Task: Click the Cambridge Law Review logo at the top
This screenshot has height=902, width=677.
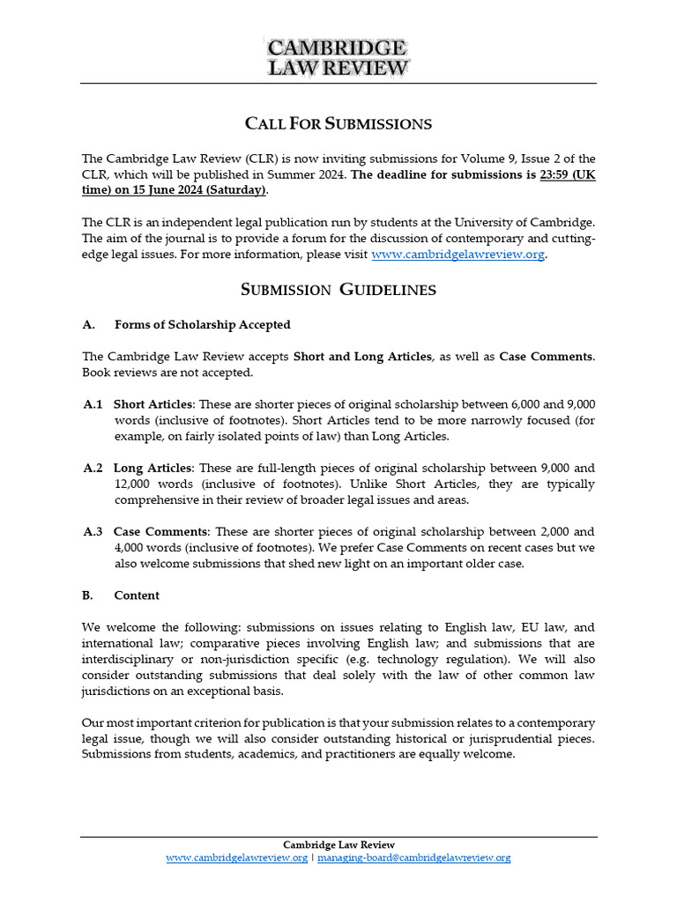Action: click(x=338, y=57)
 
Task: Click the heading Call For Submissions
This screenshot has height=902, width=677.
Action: click(x=338, y=123)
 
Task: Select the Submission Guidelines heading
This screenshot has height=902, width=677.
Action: click(x=338, y=290)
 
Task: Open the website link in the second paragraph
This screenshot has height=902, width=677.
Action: click(x=458, y=255)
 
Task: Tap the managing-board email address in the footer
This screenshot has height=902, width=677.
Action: click(x=413, y=857)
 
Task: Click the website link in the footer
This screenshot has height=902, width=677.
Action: click(x=236, y=857)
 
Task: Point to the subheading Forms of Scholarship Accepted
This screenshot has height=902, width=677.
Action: click(x=202, y=324)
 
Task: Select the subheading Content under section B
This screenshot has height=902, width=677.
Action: click(x=137, y=595)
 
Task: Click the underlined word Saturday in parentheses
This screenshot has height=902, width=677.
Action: click(x=236, y=190)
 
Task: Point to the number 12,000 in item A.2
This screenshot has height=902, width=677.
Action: click(x=133, y=484)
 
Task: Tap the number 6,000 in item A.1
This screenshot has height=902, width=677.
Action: click(x=529, y=404)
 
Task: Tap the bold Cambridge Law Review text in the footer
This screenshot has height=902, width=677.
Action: click(x=338, y=845)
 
